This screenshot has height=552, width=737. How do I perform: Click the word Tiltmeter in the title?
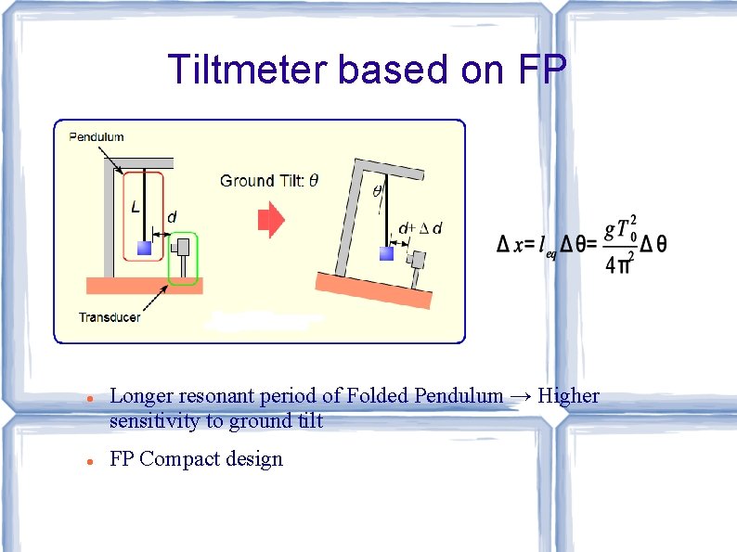248,70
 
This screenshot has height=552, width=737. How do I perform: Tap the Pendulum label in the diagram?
97,137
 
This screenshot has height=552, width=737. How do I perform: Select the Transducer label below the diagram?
110,317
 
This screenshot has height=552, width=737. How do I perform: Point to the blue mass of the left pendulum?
144,248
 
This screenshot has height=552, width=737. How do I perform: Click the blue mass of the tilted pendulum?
386,252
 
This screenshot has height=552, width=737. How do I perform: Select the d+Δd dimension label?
420,228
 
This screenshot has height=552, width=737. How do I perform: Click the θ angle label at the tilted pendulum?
377,192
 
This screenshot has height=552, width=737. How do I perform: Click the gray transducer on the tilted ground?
418,263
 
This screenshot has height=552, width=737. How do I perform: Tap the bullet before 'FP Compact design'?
83,460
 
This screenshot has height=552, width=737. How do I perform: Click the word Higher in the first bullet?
569,396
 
